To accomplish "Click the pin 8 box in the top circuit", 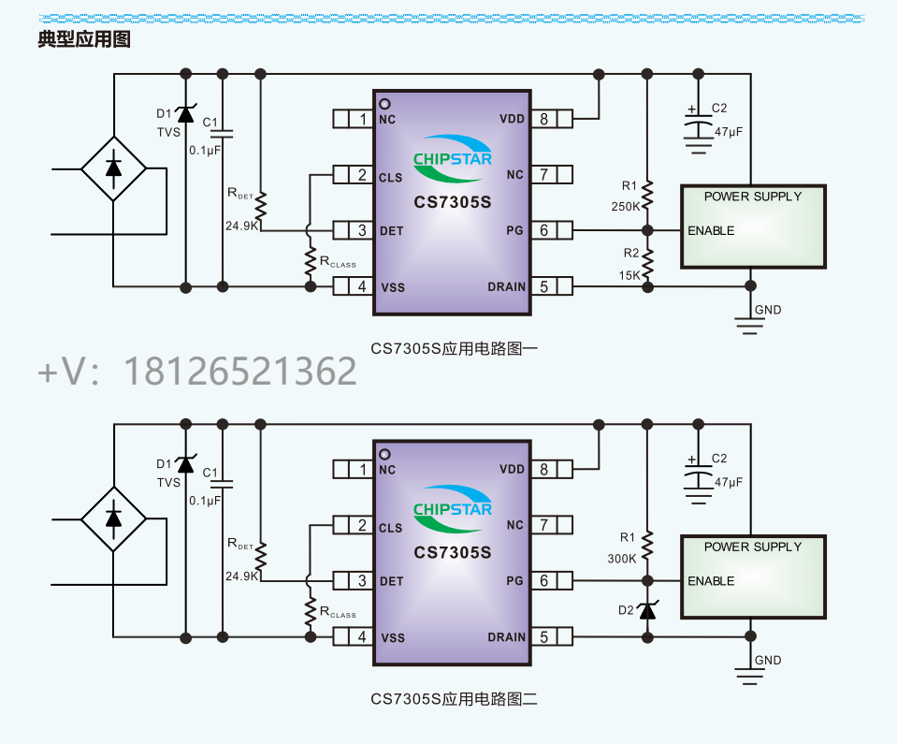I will (x=543, y=119).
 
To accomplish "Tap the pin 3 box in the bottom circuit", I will (x=361, y=581).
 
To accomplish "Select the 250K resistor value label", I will (x=625, y=206).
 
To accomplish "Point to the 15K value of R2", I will (x=629, y=275).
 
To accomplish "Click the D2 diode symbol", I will (x=646, y=610).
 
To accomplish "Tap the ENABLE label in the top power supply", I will (x=711, y=230).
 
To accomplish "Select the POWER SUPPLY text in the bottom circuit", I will (x=752, y=547).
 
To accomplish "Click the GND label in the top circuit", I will (x=768, y=310).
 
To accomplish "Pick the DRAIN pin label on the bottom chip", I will (x=506, y=637).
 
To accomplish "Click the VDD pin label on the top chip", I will (x=512, y=119).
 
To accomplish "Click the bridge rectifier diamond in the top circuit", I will (x=113, y=168).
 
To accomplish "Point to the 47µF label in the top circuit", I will (x=729, y=132).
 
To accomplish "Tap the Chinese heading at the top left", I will (x=83, y=39).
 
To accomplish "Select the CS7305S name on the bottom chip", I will (x=453, y=553).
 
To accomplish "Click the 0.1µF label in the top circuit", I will (x=205, y=150).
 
